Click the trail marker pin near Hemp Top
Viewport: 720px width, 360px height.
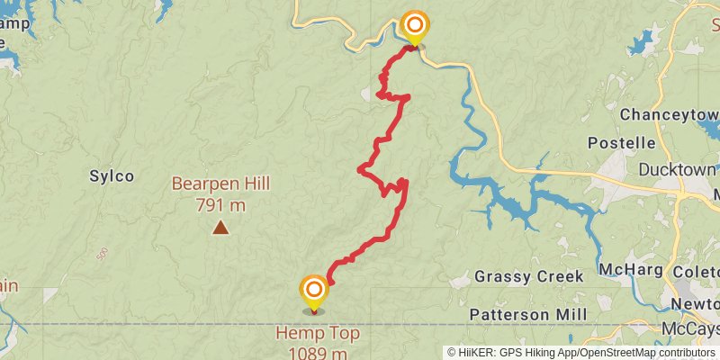[313, 290]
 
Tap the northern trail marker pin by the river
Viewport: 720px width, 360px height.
[414, 24]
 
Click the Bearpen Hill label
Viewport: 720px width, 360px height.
[220, 184]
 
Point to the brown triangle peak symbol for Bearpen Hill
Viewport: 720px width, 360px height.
[220, 228]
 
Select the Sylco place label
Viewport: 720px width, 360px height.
[112, 175]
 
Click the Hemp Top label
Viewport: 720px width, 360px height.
[318, 335]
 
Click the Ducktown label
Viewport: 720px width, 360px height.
[677, 169]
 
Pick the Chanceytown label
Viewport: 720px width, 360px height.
[669, 115]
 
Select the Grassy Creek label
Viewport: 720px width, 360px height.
[529, 276]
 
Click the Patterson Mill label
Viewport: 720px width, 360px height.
[528, 314]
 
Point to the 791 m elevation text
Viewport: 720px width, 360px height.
[220, 204]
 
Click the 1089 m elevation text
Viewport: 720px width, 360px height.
[318, 353]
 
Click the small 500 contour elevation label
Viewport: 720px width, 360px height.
[102, 254]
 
